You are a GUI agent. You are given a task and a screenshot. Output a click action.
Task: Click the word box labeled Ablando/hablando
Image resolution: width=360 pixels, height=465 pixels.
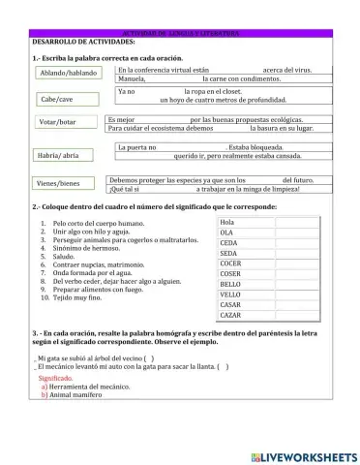(69, 73)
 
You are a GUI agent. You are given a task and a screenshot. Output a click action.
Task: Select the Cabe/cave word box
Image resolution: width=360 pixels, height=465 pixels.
(56, 99)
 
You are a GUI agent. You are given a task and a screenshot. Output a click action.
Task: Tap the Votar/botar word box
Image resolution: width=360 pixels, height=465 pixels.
(58, 122)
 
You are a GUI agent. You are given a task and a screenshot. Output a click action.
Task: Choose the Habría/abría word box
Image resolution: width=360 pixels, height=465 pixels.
(58, 155)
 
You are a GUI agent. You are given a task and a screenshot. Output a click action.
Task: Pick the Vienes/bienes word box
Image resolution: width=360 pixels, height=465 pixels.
(58, 183)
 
